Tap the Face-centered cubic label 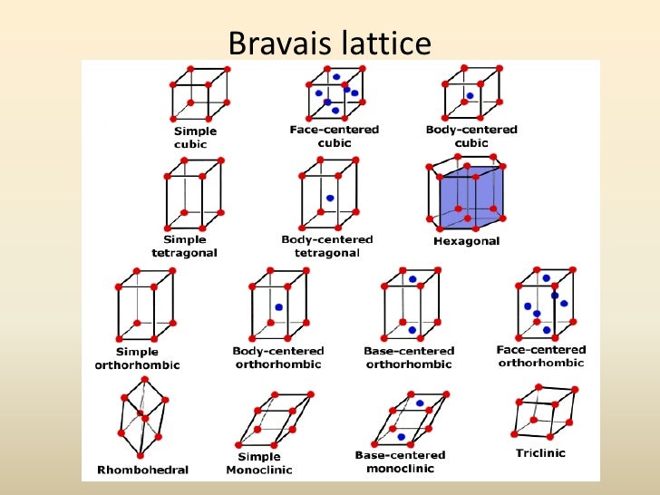pyautogui.click(x=335, y=136)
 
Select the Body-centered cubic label pyautogui.click(x=471, y=136)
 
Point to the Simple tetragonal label pyautogui.click(x=185, y=247)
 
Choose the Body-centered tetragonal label pyautogui.click(x=328, y=246)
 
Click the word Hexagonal pyautogui.click(x=468, y=242)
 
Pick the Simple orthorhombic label pyautogui.click(x=137, y=358)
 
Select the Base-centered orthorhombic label pyautogui.click(x=409, y=357)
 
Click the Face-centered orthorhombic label pyautogui.click(x=541, y=355)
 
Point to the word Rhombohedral pyautogui.click(x=142, y=471)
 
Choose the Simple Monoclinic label pyautogui.click(x=258, y=463)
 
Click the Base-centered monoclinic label pyautogui.click(x=400, y=461)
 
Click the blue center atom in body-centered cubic pyautogui.click(x=469, y=95)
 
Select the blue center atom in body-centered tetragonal pyautogui.click(x=330, y=198)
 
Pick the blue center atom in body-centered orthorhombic pyautogui.click(x=278, y=308)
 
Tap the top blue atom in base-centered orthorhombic pyautogui.click(x=412, y=278)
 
